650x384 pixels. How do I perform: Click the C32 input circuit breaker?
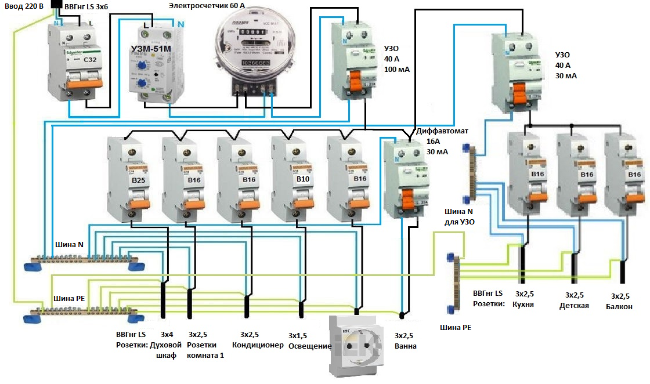coord(74,64)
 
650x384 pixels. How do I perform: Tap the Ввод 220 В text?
coord(23,6)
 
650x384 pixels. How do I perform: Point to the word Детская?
coord(574,305)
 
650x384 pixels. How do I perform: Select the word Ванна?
coord(405,346)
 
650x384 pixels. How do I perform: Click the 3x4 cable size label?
coord(167,335)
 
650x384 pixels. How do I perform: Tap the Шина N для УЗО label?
coord(459,218)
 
